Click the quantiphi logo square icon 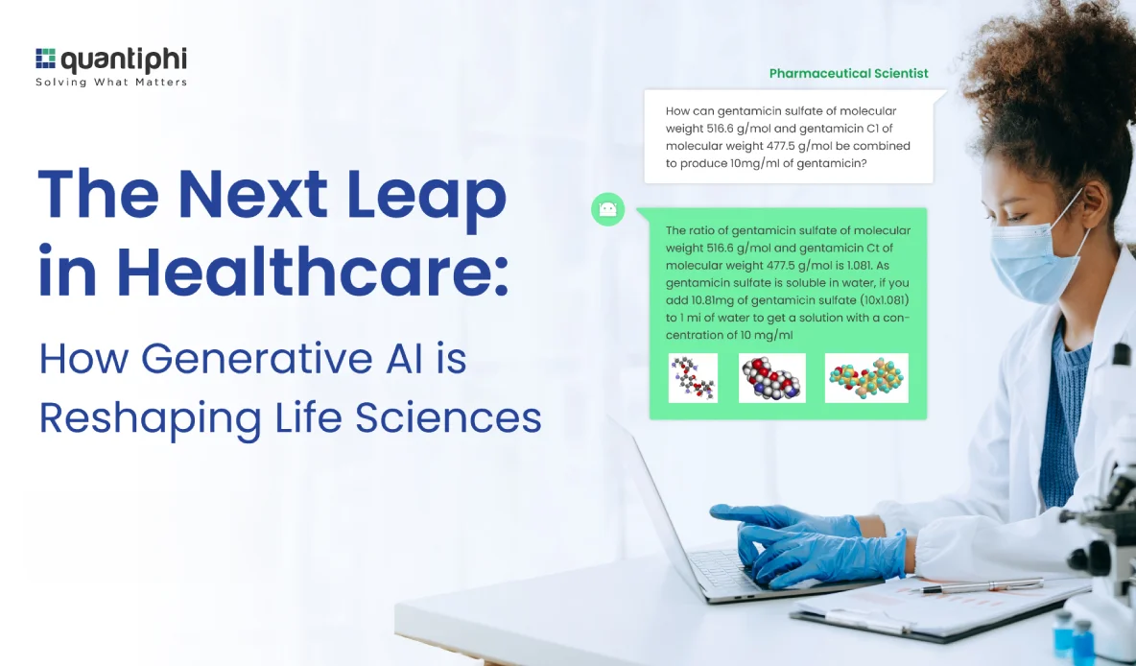pyautogui.click(x=45, y=58)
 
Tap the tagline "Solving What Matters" pyautogui.click(x=111, y=82)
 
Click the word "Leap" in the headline pyautogui.click(x=427, y=196)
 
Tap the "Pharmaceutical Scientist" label pyautogui.click(x=848, y=73)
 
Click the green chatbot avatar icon pyautogui.click(x=608, y=209)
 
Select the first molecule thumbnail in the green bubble pyautogui.click(x=694, y=377)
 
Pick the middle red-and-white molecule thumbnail pyautogui.click(x=772, y=377)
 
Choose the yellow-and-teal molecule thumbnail pyautogui.click(x=866, y=377)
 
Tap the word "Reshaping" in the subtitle pyautogui.click(x=150, y=419)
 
